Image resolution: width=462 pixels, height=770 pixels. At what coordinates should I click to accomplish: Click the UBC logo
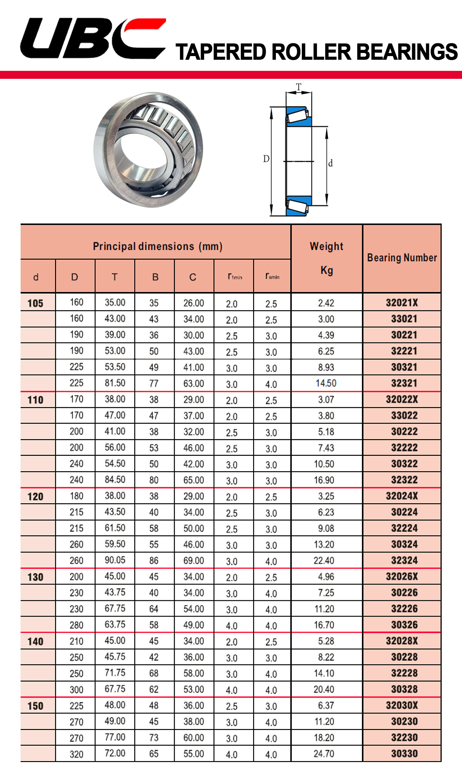92,38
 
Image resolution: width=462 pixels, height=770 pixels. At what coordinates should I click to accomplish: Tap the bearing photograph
148,149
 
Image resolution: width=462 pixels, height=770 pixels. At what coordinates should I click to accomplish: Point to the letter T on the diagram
298,87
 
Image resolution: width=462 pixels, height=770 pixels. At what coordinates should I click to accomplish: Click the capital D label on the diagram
266,159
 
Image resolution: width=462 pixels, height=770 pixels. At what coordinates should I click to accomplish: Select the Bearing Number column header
402,258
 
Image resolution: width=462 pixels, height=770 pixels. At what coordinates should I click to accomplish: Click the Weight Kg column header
326,258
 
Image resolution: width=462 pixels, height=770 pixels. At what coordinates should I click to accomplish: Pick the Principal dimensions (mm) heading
157,246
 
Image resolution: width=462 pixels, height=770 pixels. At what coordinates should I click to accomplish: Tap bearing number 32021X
402,302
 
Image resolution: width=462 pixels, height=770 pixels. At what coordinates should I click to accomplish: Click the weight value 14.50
326,383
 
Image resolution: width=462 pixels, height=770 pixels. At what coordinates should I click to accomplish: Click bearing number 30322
404,464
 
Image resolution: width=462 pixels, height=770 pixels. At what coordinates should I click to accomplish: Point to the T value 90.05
115,560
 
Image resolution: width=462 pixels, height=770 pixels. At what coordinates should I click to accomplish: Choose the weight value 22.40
324,560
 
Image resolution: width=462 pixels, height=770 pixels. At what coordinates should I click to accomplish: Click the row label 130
35,577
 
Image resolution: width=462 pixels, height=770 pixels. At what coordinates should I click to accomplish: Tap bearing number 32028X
402,641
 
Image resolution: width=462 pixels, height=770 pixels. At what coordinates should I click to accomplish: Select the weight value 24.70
324,753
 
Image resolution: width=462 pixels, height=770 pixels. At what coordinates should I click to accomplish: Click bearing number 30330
404,753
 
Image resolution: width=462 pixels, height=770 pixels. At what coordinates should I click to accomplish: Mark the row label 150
35,706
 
